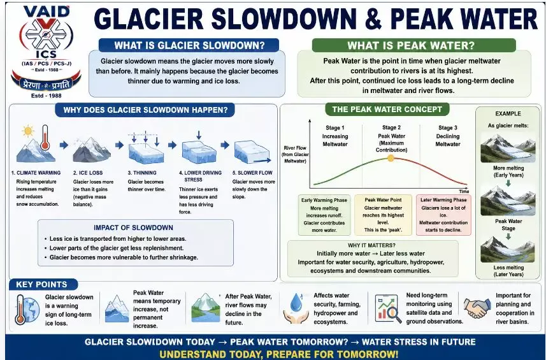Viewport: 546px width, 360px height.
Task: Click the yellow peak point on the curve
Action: pyautogui.click(x=391, y=159)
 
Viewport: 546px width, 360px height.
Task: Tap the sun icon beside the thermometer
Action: pyautogui.click(x=28, y=131)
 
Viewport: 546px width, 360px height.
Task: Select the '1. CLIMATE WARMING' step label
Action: pyautogui.click(x=36, y=173)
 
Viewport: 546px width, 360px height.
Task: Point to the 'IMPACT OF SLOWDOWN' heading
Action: pyautogui.click(x=133, y=227)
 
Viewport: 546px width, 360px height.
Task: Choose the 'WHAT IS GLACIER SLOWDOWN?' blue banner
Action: pyautogui.click(x=189, y=46)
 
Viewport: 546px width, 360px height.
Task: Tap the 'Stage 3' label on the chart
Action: pyautogui.click(x=447, y=128)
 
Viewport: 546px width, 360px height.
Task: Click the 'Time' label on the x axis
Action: pyautogui.click(x=464, y=192)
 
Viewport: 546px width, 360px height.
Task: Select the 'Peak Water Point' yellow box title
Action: pyautogui.click(x=383, y=200)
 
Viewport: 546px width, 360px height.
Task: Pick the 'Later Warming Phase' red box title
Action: pyautogui.click(x=443, y=200)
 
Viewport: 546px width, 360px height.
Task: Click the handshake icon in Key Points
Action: pyautogui.click(x=477, y=308)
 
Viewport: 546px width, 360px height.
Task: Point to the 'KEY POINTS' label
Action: pyautogui.click(x=41, y=284)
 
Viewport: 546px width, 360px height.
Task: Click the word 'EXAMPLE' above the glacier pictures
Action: pyautogui.click(x=508, y=114)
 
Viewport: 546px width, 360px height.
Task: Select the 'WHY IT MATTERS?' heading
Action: pyautogui.click(x=371, y=245)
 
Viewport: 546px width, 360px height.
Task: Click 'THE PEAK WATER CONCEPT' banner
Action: pyautogui.click(x=387, y=110)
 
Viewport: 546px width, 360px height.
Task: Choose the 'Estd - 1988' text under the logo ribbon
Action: pyautogui.click(x=47, y=96)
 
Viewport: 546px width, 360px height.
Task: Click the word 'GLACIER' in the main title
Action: pyautogui.click(x=148, y=19)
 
